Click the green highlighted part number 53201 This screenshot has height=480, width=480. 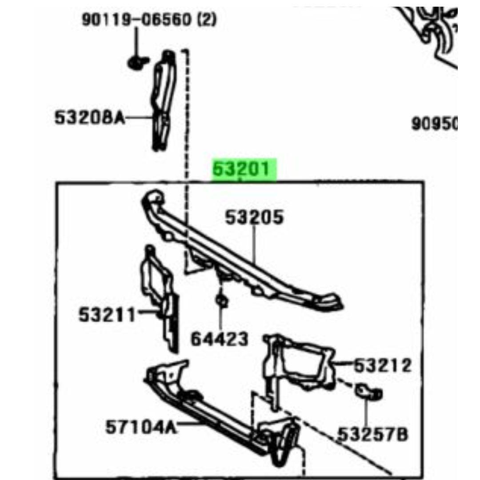pos(241,169)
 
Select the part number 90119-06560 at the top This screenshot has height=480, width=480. pos(137,20)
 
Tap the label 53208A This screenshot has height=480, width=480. pos(90,117)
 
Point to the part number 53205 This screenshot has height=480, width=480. pos(254,217)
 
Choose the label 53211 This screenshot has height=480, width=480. pos(107,315)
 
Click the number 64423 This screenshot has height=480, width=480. pos(220,340)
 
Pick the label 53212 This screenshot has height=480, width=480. pos(383,365)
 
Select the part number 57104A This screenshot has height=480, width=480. pos(141,427)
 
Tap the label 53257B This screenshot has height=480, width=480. pos(372,434)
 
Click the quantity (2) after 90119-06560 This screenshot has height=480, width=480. pos(206,19)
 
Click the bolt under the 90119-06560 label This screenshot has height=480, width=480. pos(137,63)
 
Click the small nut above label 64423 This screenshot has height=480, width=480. pos(222,300)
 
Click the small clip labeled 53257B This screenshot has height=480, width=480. pos(368,392)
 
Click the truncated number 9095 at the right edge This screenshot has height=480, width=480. pos(434,124)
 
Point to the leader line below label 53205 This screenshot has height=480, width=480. pos(254,244)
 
